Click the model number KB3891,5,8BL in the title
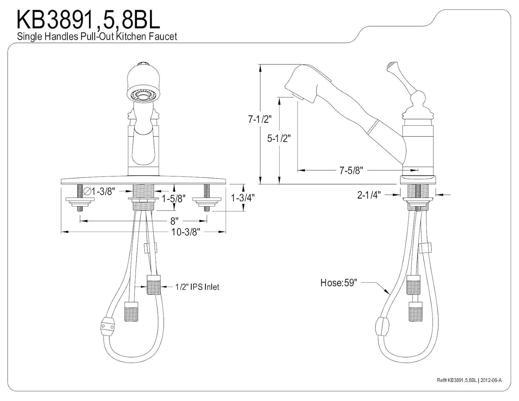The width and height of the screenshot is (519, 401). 89,20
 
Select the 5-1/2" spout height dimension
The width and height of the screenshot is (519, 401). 279,138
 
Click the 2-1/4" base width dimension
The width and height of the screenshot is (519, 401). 369,195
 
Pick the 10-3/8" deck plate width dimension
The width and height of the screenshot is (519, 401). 186,232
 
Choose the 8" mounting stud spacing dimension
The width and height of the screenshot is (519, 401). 174,220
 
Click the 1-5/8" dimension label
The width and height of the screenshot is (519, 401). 174,199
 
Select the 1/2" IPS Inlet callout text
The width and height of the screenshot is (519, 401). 197,287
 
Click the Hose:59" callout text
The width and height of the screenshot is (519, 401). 338,283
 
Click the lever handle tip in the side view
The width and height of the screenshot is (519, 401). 391,66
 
